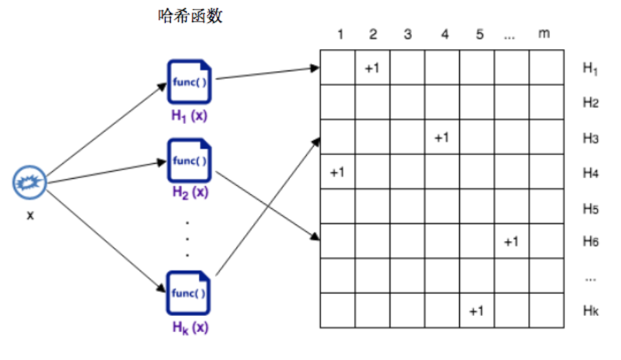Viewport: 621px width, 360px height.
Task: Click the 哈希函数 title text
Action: tap(190, 16)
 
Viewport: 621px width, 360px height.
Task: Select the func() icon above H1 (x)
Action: tap(190, 82)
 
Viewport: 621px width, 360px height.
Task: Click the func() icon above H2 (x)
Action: tap(190, 160)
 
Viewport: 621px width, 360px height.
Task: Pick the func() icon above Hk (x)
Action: tap(190, 293)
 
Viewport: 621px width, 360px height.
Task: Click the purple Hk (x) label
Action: tap(190, 327)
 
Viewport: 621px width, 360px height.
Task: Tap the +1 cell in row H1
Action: tap(372, 67)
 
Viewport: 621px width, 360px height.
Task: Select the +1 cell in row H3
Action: tap(442, 137)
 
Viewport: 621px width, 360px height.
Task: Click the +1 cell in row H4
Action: tap(338, 172)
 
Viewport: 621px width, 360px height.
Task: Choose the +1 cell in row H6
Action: tap(511, 241)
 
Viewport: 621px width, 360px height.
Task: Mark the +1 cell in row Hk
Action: tap(476, 311)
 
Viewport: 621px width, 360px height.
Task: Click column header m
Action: tap(544, 34)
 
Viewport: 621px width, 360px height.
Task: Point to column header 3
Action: tap(407, 35)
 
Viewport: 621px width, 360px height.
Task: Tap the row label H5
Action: tap(590, 207)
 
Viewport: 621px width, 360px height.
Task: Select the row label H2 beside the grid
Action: tap(590, 103)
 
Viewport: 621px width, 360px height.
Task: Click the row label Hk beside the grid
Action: tap(590, 311)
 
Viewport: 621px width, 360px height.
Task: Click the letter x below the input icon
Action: tap(30, 216)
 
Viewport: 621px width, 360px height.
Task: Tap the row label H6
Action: tap(590, 242)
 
